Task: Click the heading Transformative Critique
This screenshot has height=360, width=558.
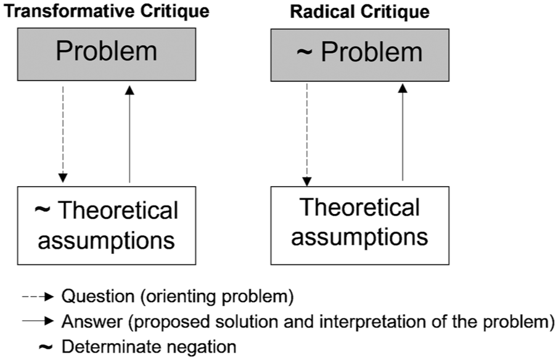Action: [107, 11]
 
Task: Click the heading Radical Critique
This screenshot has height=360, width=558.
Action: [360, 12]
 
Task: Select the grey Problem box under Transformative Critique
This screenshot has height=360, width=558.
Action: [107, 54]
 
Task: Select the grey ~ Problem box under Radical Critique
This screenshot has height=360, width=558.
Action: [360, 55]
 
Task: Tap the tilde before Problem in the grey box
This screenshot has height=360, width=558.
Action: [304, 52]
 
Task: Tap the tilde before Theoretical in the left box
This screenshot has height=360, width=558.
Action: [43, 209]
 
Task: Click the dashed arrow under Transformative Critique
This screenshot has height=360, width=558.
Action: [63, 134]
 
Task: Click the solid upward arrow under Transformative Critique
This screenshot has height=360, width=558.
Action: [129, 134]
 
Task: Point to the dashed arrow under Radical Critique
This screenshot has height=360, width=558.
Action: [307, 135]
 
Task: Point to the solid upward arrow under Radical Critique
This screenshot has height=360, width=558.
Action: [403, 133]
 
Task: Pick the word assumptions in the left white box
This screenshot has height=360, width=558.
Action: [107, 240]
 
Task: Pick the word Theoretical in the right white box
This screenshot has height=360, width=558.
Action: [360, 207]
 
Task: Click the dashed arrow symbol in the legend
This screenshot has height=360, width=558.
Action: [38, 297]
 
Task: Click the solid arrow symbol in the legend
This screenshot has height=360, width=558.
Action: [38, 321]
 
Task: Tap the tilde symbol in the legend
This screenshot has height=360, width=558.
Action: [46, 346]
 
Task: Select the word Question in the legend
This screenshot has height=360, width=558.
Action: [98, 296]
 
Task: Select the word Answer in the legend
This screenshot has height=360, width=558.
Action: [92, 322]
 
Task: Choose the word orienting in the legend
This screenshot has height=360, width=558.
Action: [179, 297]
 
